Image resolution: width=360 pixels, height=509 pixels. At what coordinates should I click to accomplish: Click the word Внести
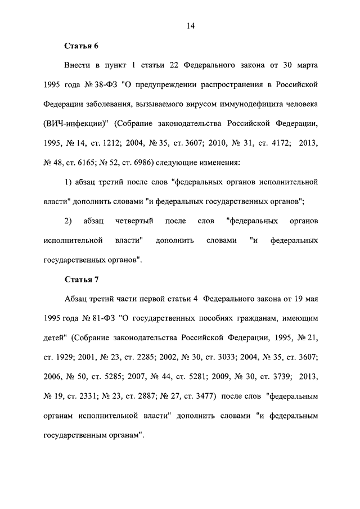[x=79, y=66]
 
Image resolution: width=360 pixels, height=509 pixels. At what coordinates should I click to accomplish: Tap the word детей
[x=55, y=337]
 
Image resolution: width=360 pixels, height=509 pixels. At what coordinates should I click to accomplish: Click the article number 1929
[x=67, y=357]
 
